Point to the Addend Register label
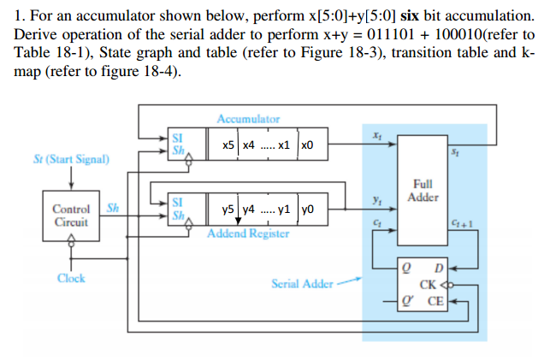pyautogui.click(x=248, y=233)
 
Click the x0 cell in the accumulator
pyautogui.click(x=310, y=145)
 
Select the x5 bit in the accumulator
pyautogui.click(x=228, y=145)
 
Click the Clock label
pyautogui.click(x=71, y=278)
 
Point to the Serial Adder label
pyautogui.click(x=302, y=283)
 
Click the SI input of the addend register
pyautogui.click(x=177, y=202)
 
